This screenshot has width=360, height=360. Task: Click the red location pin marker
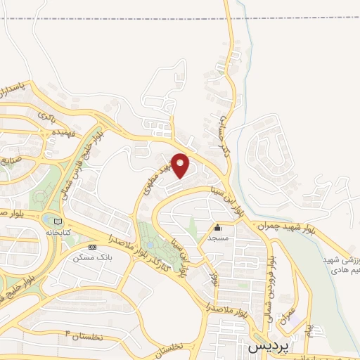pyautogui.click(x=181, y=166)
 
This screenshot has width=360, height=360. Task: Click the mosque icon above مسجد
pyautogui.click(x=217, y=227)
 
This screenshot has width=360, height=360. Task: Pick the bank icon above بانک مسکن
pyautogui.click(x=92, y=247)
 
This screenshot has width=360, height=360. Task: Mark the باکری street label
pyautogui.click(x=47, y=115)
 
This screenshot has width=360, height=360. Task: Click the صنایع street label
pyautogui.click(x=8, y=160)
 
